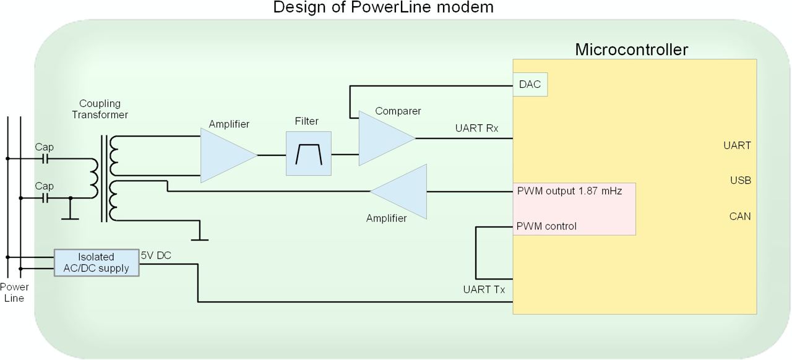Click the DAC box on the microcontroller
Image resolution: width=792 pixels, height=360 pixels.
530,85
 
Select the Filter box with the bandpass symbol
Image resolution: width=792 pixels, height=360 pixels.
309,153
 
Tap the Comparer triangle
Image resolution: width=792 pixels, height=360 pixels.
387,139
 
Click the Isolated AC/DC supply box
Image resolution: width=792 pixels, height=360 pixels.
97,263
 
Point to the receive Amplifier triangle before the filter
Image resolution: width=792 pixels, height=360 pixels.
228,155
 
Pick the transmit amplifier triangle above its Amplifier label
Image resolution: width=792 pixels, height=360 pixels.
398,192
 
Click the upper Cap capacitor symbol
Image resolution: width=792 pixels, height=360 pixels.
45,159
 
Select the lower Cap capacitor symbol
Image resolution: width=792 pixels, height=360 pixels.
45,199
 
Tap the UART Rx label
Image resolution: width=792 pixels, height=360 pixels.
476,128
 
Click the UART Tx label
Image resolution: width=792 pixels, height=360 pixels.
484,289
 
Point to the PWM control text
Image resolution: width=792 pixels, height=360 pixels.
546,226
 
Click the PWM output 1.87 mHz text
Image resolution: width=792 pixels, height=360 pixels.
569,191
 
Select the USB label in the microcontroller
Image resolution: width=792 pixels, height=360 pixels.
741,181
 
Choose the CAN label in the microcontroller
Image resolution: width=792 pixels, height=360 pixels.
739,216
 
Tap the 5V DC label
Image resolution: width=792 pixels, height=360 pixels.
156,255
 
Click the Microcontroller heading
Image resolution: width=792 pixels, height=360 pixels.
632,49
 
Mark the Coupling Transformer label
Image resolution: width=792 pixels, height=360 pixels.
100,109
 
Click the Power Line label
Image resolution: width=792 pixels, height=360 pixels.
14,293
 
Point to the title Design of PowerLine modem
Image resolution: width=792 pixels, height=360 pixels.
383,7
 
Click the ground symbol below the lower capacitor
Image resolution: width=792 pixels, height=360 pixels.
70,214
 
